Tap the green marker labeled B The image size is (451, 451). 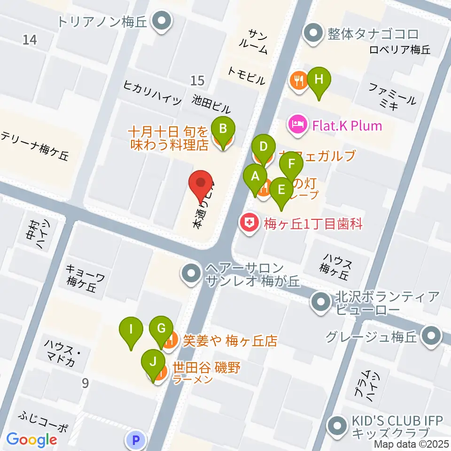tap(224, 128)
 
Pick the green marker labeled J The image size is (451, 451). tap(152, 362)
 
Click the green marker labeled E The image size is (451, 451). tap(281, 190)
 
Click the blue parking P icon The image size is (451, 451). tap(136, 440)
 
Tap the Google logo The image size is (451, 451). tap(31, 440)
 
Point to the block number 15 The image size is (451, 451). tap(197, 81)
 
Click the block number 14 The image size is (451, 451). tap(29, 40)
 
